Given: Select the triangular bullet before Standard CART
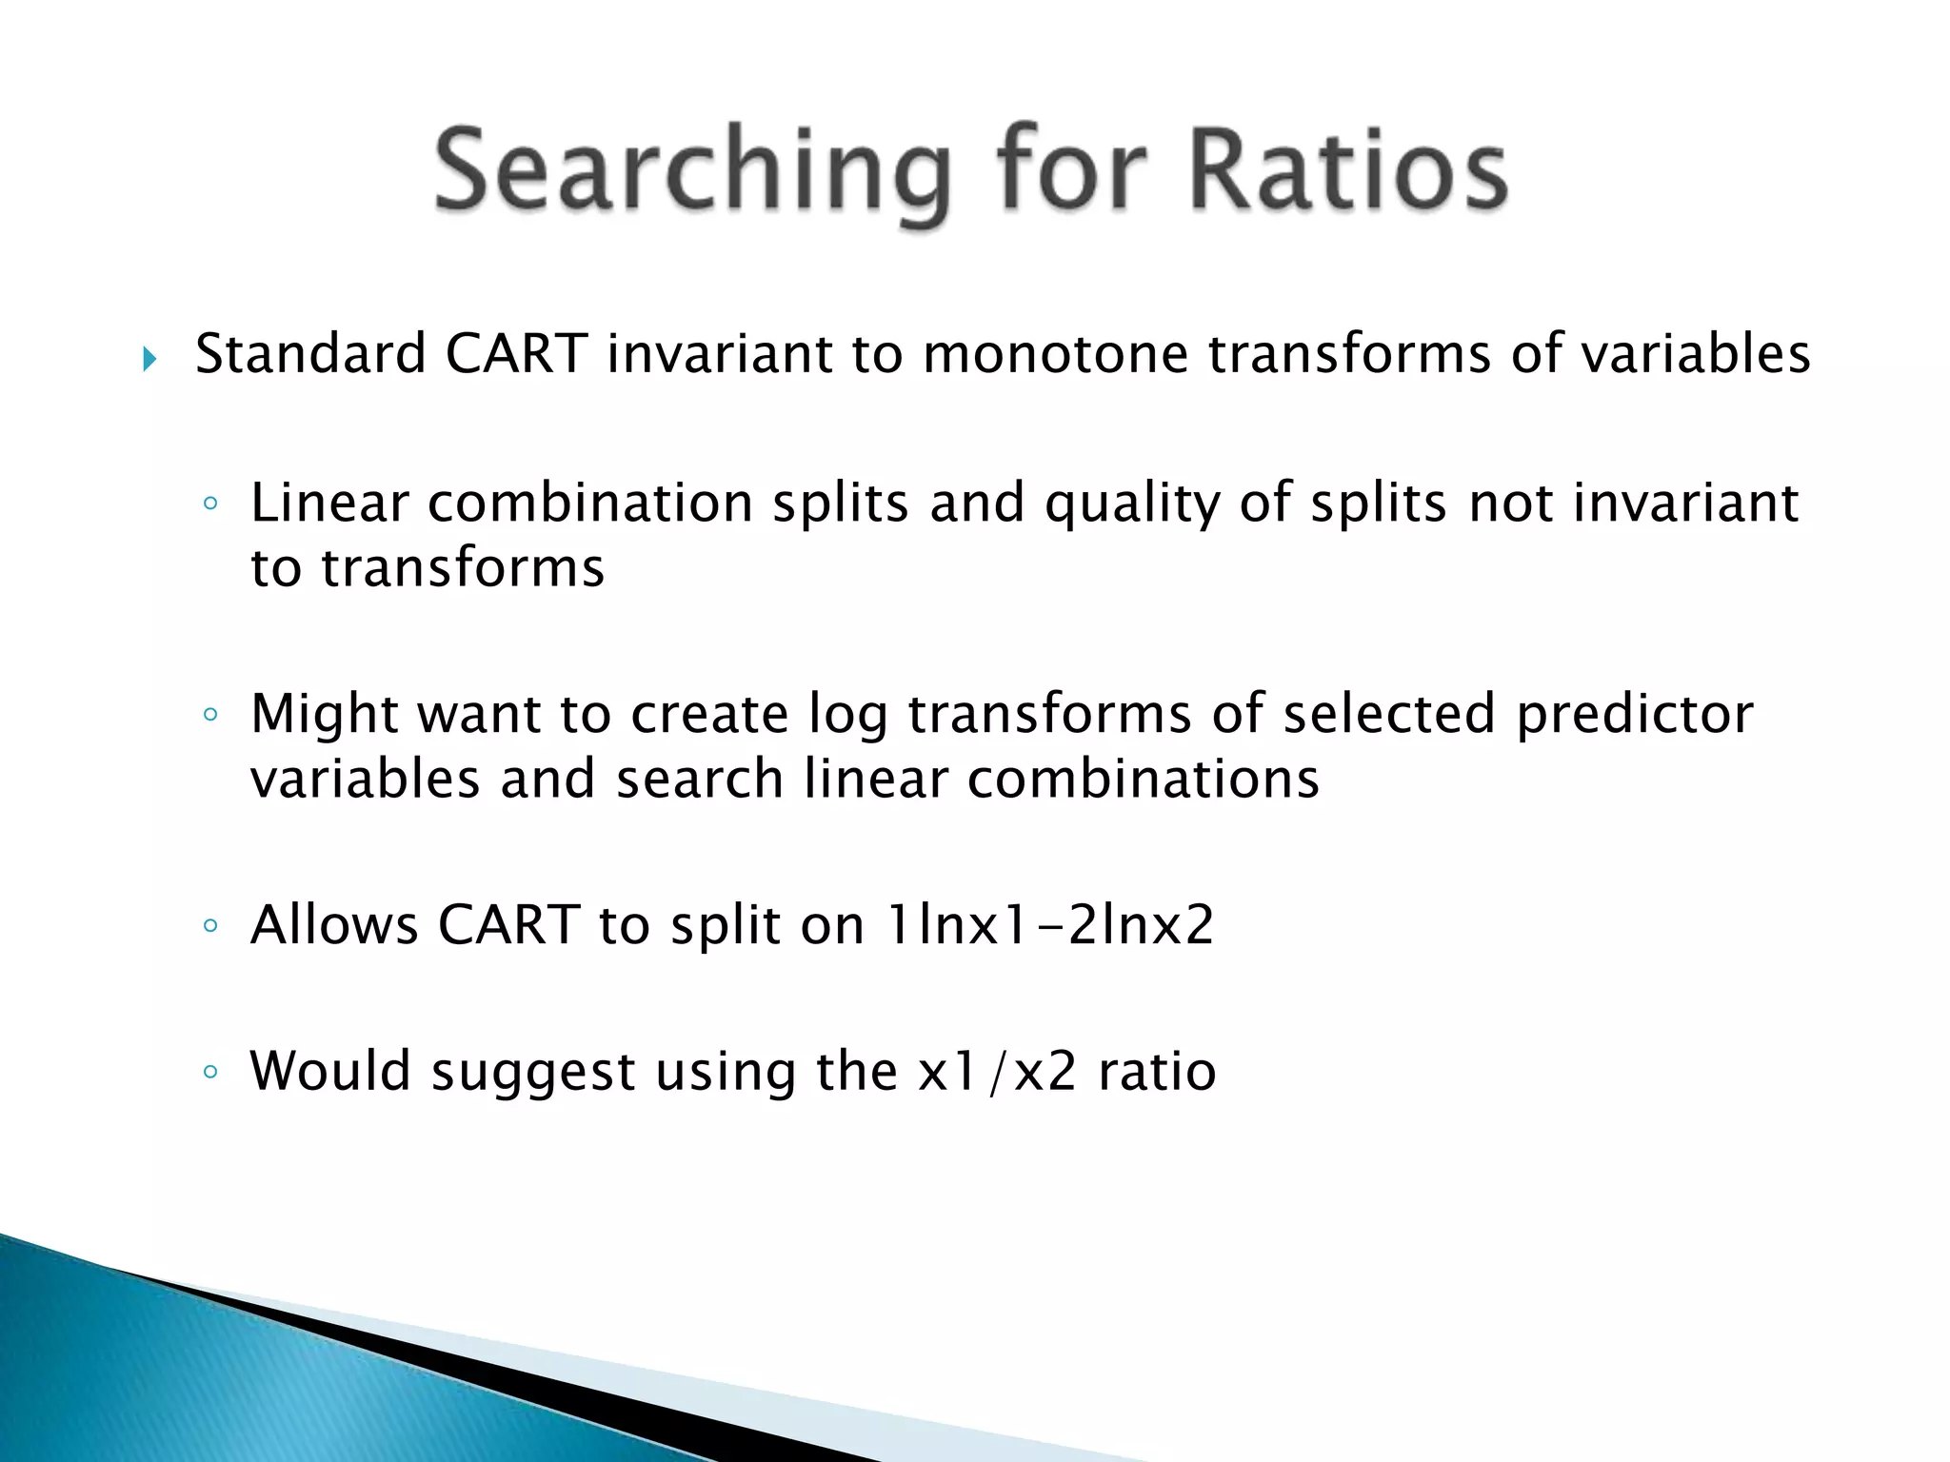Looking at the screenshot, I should point(149,360).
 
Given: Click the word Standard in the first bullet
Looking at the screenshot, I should point(310,354).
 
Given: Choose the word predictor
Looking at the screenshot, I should point(1634,715).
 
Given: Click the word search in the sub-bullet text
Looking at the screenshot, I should point(699,780).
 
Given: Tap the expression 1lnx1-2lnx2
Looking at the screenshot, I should point(1049,924).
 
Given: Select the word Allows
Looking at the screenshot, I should point(334,924).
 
